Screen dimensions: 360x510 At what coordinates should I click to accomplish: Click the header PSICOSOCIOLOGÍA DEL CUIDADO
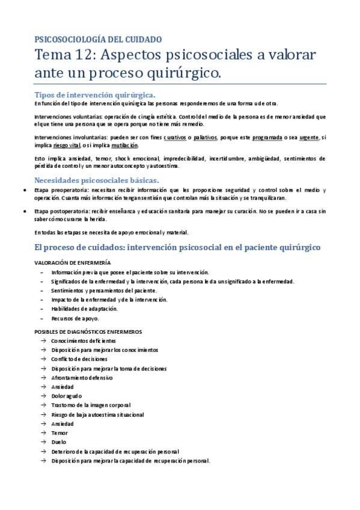(98, 39)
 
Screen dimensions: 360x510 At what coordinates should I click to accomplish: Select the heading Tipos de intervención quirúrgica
(95, 94)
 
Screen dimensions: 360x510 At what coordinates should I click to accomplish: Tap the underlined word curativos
(174, 137)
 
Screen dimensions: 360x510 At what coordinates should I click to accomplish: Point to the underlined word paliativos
(205, 137)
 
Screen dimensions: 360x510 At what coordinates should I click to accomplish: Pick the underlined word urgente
(308, 137)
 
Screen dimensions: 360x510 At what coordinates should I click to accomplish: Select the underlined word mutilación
(124, 146)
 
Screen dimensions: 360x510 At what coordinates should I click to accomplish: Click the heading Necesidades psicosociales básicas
(96, 180)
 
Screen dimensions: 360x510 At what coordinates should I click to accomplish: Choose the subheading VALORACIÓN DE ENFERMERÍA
(72, 262)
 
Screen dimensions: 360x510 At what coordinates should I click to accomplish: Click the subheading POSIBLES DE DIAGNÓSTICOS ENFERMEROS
(88, 331)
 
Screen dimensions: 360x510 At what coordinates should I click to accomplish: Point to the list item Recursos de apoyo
(75, 318)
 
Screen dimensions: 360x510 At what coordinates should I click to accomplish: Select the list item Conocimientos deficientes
(84, 341)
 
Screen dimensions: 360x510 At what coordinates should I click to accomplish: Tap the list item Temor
(59, 433)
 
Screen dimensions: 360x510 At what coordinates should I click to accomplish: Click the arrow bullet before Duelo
(44, 443)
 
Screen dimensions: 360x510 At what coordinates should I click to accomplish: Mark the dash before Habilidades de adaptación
(41, 309)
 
